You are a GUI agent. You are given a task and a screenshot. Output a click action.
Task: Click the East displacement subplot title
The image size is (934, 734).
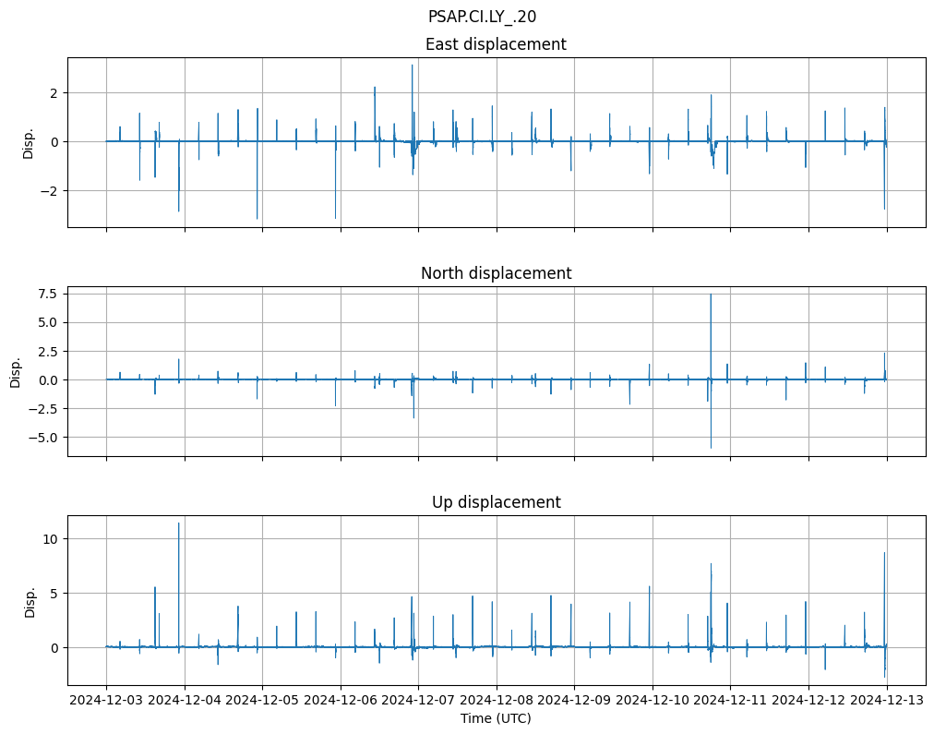tap(496, 44)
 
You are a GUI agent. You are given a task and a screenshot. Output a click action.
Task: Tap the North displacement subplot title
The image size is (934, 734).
tap(496, 273)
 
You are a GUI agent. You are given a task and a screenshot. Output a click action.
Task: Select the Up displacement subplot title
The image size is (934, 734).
tap(496, 502)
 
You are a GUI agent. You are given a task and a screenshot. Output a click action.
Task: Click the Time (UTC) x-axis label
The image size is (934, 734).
tap(496, 718)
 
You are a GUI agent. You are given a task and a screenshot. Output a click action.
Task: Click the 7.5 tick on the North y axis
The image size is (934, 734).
tap(46, 294)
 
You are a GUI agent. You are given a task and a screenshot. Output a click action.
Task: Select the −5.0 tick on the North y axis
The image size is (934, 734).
tap(42, 437)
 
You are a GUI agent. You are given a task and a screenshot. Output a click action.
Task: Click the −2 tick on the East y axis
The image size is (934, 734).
tap(52, 190)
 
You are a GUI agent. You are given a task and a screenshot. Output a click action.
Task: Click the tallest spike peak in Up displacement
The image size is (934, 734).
tap(179, 523)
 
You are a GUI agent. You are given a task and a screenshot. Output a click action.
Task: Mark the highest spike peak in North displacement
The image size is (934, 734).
tap(711, 295)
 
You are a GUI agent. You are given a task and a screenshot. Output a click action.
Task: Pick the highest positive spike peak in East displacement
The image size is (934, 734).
tap(413, 65)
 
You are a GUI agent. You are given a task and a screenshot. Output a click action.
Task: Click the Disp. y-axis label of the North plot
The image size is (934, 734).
tap(16, 371)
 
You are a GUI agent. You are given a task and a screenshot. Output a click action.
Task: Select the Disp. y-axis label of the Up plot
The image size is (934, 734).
tap(30, 600)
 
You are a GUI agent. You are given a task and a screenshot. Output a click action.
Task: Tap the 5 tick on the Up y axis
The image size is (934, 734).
tap(54, 593)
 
